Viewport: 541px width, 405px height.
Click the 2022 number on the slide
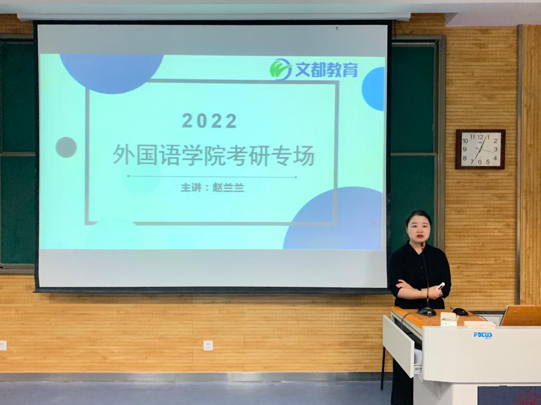pyautogui.click(x=209, y=121)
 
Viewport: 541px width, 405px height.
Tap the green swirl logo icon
pyautogui.click(x=280, y=69)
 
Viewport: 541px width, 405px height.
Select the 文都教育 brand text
pyautogui.click(x=327, y=69)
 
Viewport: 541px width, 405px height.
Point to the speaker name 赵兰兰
pyautogui.click(x=228, y=187)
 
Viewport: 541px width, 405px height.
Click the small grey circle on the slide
pyautogui.click(x=66, y=147)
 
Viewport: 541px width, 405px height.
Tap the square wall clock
pyautogui.click(x=480, y=149)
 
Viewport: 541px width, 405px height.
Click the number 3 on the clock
pyautogui.click(x=496, y=149)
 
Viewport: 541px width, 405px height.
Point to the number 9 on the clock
pyautogui.click(x=465, y=149)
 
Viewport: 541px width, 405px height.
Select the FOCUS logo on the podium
pyautogui.click(x=483, y=335)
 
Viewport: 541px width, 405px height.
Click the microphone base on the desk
pyautogui.click(x=427, y=312)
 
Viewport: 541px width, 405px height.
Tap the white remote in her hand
pyautogui.click(x=441, y=286)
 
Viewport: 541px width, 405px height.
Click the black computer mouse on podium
pyautogui.click(x=460, y=312)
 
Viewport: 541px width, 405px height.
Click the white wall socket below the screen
pyautogui.click(x=208, y=345)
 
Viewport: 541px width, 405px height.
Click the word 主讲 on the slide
pyautogui.click(x=190, y=187)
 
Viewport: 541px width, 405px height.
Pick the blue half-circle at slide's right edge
pyautogui.click(x=374, y=89)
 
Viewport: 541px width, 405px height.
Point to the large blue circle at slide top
pyautogui.click(x=111, y=74)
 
